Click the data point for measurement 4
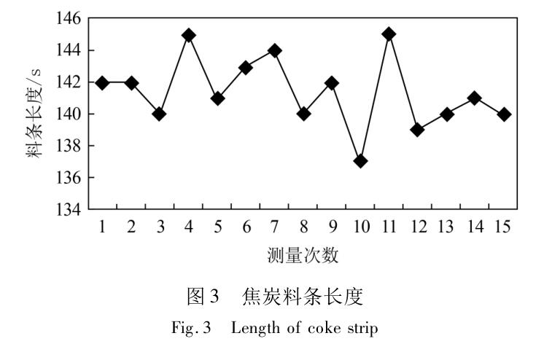(x=189, y=36)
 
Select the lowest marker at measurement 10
(x=361, y=161)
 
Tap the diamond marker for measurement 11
(x=389, y=34)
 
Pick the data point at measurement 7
(x=274, y=51)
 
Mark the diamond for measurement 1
(x=102, y=83)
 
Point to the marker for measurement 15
(x=504, y=114)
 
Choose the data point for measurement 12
(x=418, y=130)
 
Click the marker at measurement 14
(x=475, y=98)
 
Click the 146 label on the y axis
(x=69, y=18)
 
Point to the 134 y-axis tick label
(x=69, y=209)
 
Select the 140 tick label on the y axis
(x=69, y=114)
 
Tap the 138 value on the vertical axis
(x=69, y=146)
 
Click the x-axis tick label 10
(x=362, y=227)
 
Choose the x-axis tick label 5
(x=218, y=227)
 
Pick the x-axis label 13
(x=446, y=227)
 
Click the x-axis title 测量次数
(x=303, y=256)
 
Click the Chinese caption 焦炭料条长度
(x=303, y=297)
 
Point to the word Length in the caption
(x=255, y=329)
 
